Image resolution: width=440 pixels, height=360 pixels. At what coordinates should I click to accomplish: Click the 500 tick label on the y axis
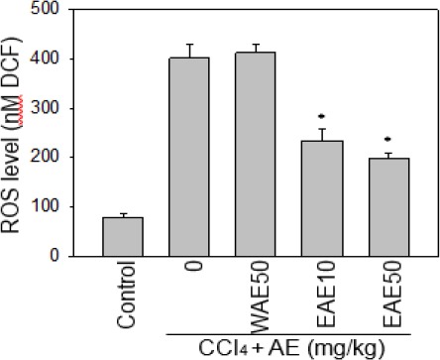(64, 10)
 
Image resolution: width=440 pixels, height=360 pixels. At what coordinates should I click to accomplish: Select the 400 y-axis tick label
(64, 60)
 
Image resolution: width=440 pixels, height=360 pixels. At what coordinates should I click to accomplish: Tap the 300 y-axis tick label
(64, 108)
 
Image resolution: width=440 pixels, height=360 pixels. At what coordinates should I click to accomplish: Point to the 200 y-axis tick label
(64, 158)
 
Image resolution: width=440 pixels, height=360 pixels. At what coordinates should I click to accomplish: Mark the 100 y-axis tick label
(64, 206)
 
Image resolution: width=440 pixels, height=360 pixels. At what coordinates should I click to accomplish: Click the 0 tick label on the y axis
(72, 256)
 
